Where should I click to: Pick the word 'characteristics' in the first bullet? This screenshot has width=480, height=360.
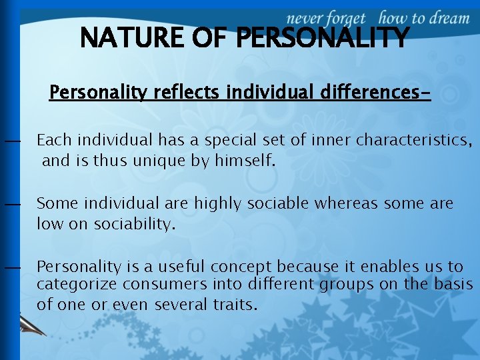[413, 140]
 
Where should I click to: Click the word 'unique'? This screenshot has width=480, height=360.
[150, 161]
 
